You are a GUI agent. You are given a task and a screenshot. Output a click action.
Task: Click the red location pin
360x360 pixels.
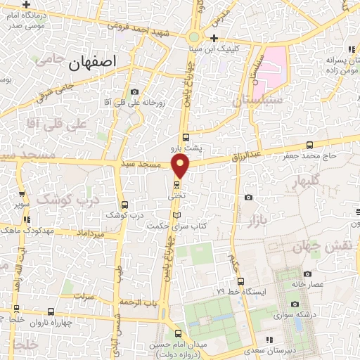[x=181, y=166]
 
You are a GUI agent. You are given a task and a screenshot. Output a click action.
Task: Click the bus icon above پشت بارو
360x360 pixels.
[x=186, y=137]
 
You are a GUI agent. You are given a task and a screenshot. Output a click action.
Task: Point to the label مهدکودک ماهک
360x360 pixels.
[x=27, y=228]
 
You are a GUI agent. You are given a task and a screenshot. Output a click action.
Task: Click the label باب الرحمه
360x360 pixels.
[x=140, y=302]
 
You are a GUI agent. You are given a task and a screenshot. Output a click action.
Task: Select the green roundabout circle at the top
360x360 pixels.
[x=193, y=37]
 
